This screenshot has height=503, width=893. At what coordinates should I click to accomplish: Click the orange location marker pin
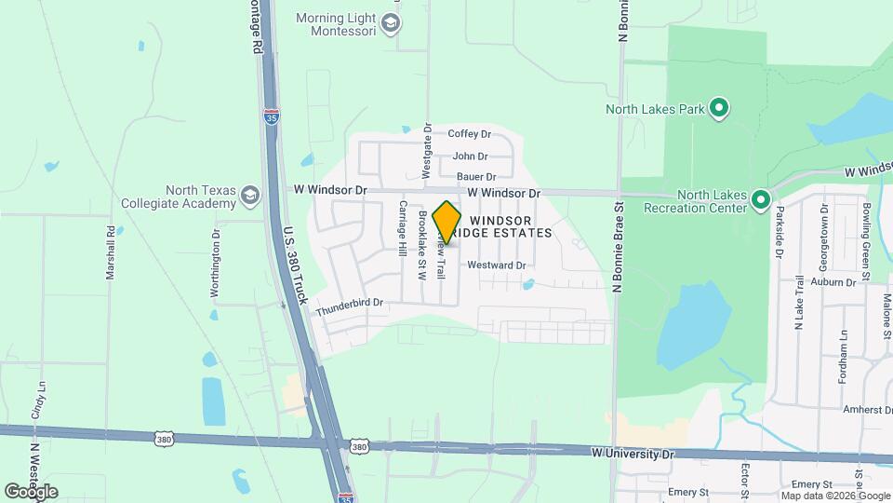coord(446,223)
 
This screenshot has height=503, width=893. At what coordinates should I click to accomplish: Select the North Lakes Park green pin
coord(718,109)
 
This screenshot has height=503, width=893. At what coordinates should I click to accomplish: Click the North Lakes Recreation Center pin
coord(760,200)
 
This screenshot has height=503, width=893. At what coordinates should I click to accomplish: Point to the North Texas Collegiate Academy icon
coord(249,196)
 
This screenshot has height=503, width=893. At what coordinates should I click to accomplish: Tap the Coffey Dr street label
coord(469,134)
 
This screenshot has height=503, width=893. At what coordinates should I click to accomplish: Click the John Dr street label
coord(470,156)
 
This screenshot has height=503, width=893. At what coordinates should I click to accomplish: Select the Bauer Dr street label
coord(476,177)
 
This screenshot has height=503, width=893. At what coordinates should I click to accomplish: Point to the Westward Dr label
coord(497,265)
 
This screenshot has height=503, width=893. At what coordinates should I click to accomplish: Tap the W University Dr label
coord(633,453)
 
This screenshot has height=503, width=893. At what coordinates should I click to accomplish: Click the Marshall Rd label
coord(110,252)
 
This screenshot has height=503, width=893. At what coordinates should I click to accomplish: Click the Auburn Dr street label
coord(832,281)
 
